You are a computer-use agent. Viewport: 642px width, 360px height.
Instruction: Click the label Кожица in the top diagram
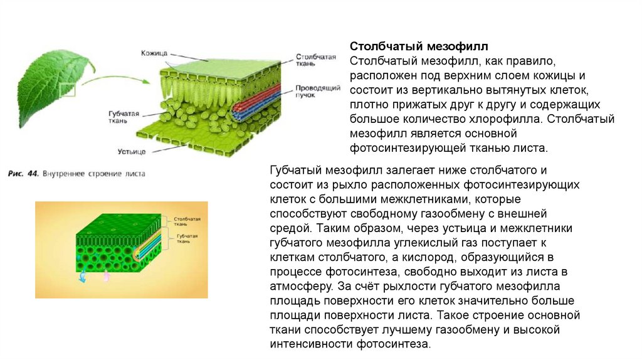(154, 54)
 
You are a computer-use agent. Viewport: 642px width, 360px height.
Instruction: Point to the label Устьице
(132, 152)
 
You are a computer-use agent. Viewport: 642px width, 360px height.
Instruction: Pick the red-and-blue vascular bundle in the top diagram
(254, 104)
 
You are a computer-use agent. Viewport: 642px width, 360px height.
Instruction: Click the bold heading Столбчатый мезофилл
(419, 47)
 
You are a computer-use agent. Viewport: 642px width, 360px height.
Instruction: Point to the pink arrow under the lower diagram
(105, 277)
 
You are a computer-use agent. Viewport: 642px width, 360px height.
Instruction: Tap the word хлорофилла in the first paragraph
(527, 119)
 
